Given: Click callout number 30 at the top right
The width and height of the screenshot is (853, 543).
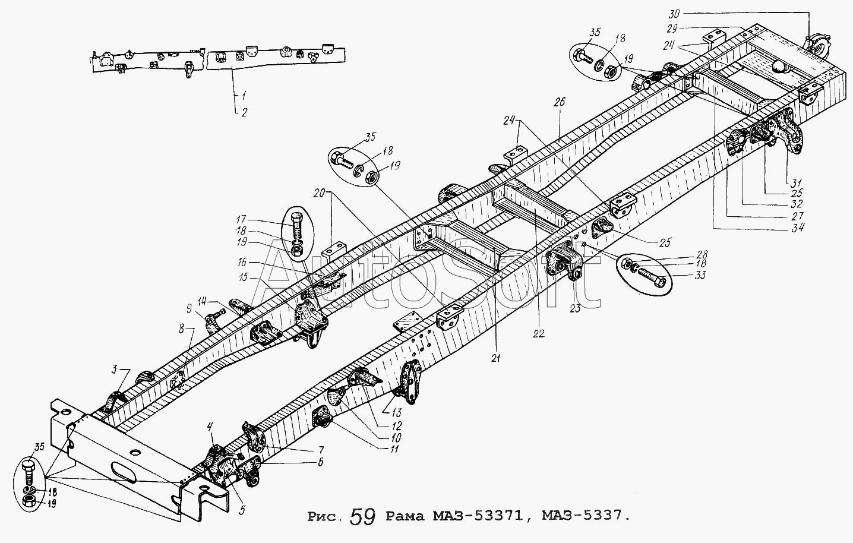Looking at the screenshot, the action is point(674,14).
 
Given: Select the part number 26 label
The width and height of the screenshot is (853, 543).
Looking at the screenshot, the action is point(560,102).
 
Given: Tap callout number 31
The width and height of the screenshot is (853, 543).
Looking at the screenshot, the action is point(796,182).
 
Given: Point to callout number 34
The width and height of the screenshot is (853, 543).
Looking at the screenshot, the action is point(797,228).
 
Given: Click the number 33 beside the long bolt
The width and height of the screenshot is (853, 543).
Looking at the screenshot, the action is point(700,275).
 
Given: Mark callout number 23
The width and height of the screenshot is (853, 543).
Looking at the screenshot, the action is point(575,308).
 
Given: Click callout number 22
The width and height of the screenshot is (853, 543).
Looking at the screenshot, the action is point(538,333).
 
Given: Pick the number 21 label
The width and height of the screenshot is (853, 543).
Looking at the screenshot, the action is point(495,358).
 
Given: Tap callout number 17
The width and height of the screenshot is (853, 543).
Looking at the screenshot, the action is point(241,219).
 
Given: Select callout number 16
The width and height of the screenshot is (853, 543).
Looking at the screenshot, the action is point(242,263).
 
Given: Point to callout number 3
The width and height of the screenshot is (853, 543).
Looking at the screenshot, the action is point(114,369).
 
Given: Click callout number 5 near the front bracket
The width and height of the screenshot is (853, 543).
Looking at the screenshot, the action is point(242,510).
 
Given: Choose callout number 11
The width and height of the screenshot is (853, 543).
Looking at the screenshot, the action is point(394,449).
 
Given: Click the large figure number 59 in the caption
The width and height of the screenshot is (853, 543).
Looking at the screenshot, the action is point(362,517).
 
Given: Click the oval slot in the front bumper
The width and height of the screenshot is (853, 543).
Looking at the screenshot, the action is point(124,472).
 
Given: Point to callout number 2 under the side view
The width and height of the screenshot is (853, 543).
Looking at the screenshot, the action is point(244,112).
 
